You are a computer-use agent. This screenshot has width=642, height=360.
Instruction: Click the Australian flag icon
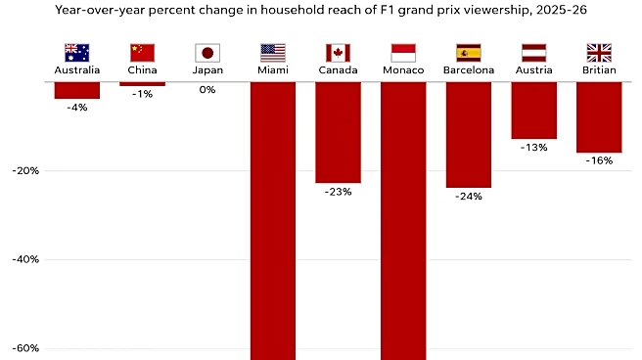click(x=77, y=53)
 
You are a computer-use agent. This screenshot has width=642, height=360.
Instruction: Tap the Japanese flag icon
click(x=207, y=53)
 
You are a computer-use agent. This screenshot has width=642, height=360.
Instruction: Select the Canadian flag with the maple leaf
click(x=338, y=53)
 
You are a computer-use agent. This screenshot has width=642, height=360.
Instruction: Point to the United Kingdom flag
click(x=599, y=53)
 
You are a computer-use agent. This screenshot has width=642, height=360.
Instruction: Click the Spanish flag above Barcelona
click(x=469, y=53)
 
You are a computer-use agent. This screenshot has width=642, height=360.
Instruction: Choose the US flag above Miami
click(x=273, y=53)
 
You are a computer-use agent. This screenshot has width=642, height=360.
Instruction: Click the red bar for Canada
click(x=339, y=132)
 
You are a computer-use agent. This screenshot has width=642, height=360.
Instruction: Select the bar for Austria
click(x=534, y=110)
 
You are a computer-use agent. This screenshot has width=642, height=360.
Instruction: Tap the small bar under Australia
click(x=77, y=90)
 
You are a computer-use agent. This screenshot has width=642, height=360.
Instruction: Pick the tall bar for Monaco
click(x=403, y=221)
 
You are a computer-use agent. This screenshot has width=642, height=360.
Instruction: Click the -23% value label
click(x=339, y=192)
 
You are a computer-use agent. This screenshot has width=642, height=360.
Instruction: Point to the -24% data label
click(x=469, y=197)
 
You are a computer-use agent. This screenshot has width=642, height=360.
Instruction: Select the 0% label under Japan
click(x=207, y=90)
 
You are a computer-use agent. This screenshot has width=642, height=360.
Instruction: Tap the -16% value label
click(x=599, y=160)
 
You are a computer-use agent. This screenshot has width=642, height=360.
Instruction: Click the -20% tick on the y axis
click(x=25, y=170)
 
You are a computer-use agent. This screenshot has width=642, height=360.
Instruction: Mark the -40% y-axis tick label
click(x=25, y=259)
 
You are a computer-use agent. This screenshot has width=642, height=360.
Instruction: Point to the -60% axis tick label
click(x=25, y=348)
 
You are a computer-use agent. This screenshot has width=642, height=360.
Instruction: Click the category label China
click(x=142, y=70)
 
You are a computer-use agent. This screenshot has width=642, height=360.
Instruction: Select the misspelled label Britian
click(x=599, y=70)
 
